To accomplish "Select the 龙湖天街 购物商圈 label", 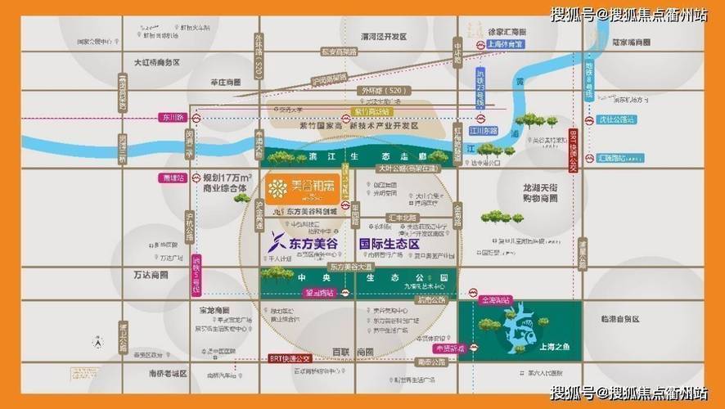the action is pos(539,193).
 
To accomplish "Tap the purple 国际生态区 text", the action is pos(389,243).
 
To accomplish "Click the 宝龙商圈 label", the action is pos(214,310).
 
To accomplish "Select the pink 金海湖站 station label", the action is pos(497,300).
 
